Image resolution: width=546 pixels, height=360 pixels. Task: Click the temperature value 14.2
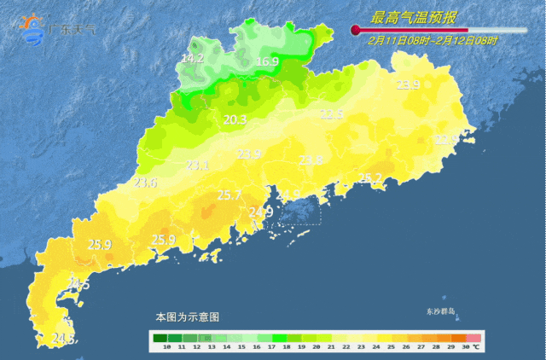click(x=193, y=59)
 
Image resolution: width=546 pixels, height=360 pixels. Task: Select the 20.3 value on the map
click(x=235, y=120)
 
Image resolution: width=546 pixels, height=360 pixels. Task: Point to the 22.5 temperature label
click(x=331, y=114)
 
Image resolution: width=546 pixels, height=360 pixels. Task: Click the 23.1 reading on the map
click(x=198, y=165)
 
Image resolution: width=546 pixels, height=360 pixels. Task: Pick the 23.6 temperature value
click(x=146, y=183)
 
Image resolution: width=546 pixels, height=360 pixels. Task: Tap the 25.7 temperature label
click(x=229, y=195)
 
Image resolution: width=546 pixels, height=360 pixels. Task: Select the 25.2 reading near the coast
click(x=370, y=178)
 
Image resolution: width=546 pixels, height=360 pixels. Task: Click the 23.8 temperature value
click(x=311, y=160)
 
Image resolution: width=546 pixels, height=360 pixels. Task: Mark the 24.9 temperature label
click(x=261, y=212)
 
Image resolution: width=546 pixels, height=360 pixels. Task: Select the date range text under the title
click(x=433, y=40)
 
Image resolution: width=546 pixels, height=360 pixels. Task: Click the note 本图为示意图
click(x=187, y=316)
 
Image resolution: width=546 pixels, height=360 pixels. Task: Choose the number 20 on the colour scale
click(x=317, y=348)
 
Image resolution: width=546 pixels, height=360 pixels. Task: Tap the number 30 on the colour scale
click(x=464, y=348)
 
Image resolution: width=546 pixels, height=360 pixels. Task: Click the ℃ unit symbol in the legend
click(x=476, y=348)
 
